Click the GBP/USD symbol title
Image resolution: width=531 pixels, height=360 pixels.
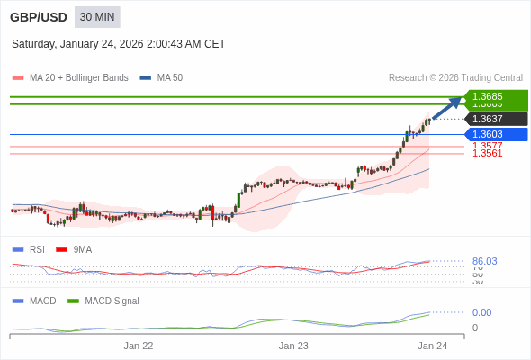(38, 17)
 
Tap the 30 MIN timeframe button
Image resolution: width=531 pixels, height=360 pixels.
(97, 17)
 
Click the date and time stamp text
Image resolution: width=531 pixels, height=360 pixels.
(119, 44)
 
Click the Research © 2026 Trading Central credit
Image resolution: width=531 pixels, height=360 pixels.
(455, 78)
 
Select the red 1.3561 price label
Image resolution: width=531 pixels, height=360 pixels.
(487, 154)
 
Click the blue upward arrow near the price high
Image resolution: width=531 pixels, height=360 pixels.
(446, 108)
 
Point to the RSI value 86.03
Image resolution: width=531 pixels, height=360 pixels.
(484, 261)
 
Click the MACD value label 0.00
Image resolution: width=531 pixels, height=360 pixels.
(481, 312)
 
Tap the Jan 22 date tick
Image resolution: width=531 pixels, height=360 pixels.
(139, 346)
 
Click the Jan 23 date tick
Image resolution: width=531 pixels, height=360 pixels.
(293, 346)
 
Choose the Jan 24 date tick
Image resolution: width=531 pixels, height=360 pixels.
(432, 346)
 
